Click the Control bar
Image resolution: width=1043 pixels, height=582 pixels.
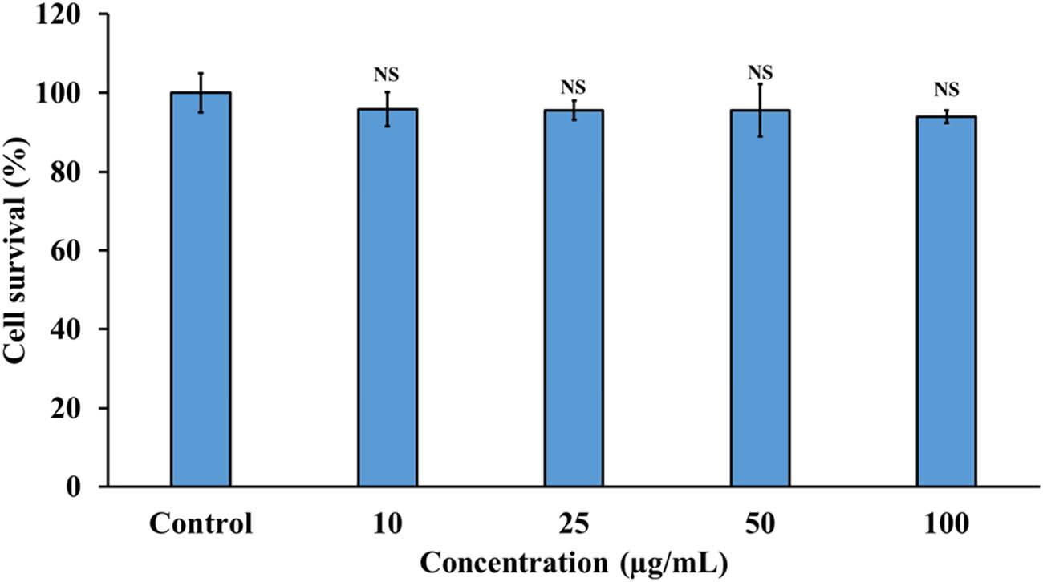[x=201, y=289]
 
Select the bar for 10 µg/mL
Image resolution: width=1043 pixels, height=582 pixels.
[x=387, y=297]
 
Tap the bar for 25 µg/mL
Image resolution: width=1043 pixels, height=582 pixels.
[x=574, y=297]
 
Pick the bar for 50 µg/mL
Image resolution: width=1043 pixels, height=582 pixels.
[x=760, y=297]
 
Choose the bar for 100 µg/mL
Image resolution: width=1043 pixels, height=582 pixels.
[x=946, y=301]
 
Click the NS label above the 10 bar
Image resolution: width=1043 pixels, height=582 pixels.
[x=387, y=75]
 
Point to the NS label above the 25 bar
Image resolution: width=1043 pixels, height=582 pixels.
[x=574, y=86]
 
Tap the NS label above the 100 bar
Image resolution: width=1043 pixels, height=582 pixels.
[x=946, y=90]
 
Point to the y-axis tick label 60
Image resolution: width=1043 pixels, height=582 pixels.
[x=72, y=250]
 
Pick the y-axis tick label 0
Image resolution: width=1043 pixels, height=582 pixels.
[x=79, y=487]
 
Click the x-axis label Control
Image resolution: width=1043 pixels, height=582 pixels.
[x=201, y=526]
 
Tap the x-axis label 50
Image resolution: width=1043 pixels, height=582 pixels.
[x=760, y=526]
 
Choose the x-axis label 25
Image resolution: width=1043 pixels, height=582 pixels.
[x=574, y=526]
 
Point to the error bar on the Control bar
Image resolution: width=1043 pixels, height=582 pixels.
[x=201, y=91]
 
